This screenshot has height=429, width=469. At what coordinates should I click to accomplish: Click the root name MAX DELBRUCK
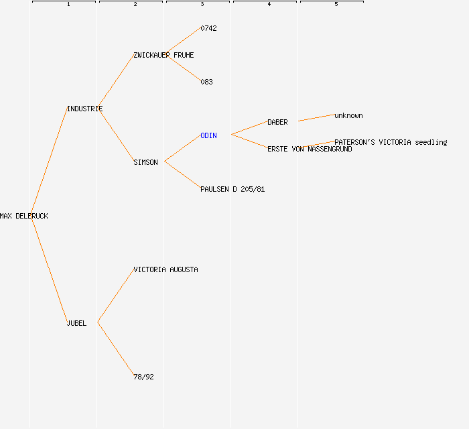[24, 216]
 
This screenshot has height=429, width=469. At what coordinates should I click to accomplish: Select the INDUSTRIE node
[85, 109]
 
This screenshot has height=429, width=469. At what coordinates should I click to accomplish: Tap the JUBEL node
[77, 323]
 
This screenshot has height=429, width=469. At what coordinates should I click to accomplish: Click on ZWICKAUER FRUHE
[163, 56]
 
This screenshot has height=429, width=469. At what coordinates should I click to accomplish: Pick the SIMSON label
[145, 162]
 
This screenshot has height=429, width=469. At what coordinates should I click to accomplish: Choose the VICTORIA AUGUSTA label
[165, 270]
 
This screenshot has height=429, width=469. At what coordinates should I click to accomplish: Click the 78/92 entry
[143, 377]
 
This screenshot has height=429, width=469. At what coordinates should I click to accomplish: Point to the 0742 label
[209, 28]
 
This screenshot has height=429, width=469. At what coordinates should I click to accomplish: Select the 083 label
[206, 82]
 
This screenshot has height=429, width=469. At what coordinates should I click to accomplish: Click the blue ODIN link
[209, 136]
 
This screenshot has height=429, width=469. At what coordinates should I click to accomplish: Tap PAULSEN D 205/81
[232, 190]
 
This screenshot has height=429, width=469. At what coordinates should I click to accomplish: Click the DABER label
[277, 123]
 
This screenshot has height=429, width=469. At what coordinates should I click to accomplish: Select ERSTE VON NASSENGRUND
[310, 149]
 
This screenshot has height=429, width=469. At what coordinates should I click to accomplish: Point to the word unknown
[348, 115]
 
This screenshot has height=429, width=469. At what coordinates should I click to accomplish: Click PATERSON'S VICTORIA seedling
[391, 142]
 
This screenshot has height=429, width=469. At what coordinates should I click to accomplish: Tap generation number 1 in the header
[68, 4]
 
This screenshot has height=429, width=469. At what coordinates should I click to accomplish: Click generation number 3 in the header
[202, 4]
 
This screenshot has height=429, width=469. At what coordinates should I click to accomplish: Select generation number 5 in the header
[336, 4]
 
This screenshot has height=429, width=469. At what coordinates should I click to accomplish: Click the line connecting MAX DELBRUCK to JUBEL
[50, 271]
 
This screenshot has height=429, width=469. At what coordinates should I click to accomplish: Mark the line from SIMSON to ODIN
[183, 148]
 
